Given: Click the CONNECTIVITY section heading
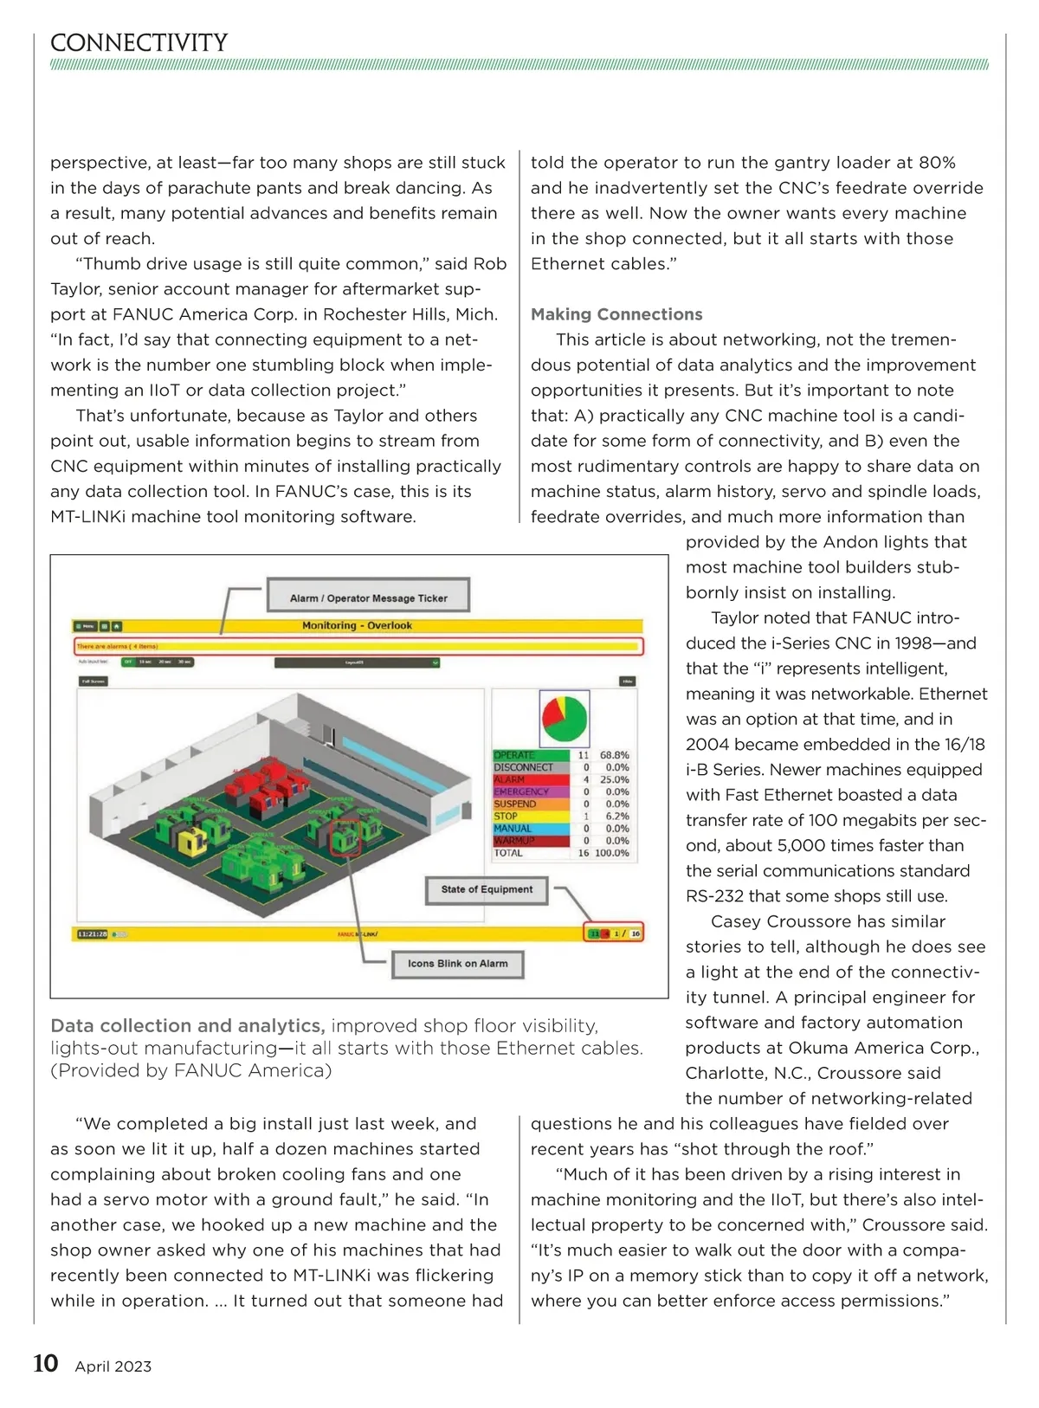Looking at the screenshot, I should (x=139, y=42).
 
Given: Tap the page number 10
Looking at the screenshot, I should (x=45, y=1364).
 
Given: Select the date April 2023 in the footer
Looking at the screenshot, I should (x=113, y=1366).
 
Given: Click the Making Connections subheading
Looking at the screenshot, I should (x=616, y=314).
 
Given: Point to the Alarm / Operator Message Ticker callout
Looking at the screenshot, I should (x=368, y=597).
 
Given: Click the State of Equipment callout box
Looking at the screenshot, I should (x=487, y=889).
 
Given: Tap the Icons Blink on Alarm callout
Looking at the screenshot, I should (x=457, y=963).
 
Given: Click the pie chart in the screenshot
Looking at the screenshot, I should (x=565, y=718).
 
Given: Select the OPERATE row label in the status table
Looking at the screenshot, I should (x=514, y=755).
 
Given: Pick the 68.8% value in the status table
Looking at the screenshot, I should (x=615, y=755).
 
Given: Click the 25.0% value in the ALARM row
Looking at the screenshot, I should (x=615, y=779).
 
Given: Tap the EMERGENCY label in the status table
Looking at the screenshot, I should (x=521, y=791).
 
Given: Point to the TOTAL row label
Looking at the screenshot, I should (x=508, y=853).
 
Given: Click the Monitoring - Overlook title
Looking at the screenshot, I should (x=357, y=625).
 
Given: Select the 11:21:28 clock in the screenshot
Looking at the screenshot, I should (x=92, y=934).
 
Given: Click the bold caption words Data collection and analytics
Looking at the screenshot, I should (x=188, y=1025).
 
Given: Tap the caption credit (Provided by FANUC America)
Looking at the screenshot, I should (x=190, y=1070).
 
